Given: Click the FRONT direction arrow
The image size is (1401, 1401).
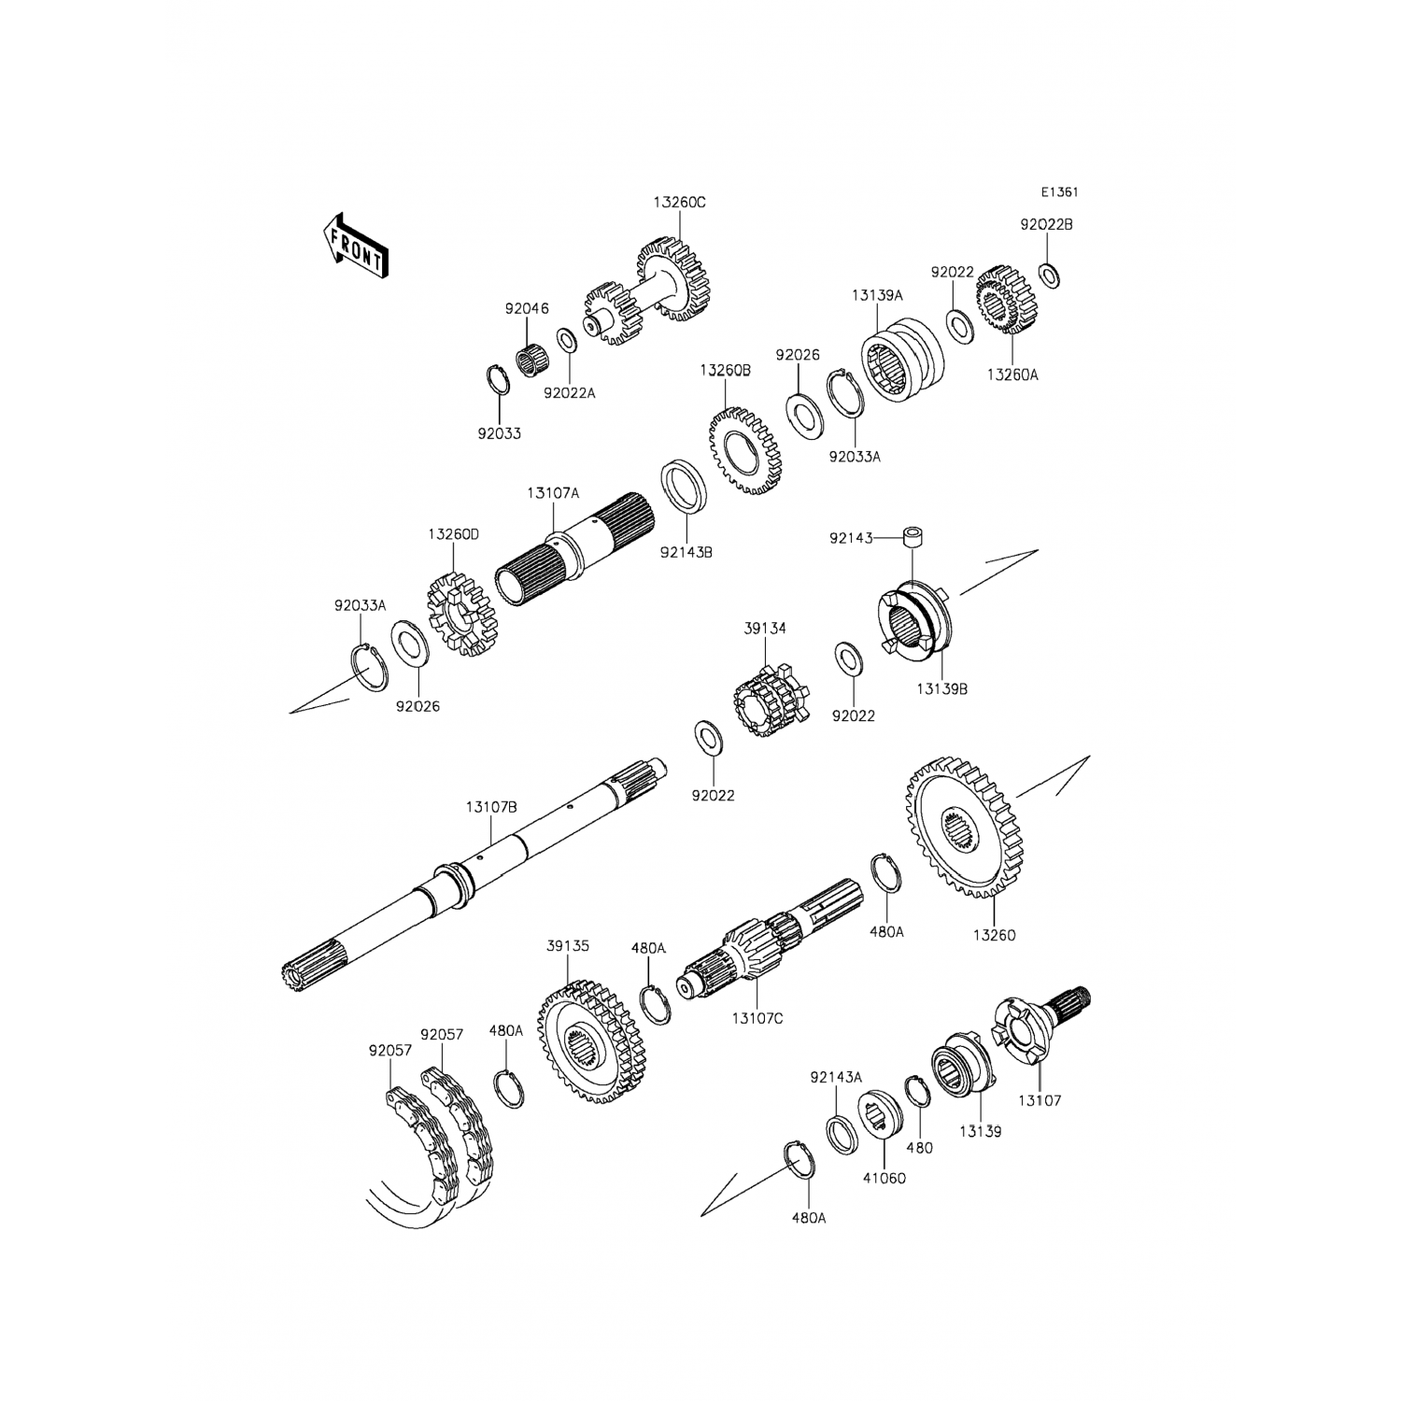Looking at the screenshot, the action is pyautogui.click(x=354, y=244).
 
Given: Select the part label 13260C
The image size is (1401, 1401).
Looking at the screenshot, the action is pyautogui.click(x=680, y=202).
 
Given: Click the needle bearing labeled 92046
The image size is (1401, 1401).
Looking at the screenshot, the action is pyautogui.click(x=533, y=358).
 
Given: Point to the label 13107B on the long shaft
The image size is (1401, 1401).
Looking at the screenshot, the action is pyautogui.click(x=491, y=807).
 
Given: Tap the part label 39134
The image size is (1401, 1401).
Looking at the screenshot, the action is pyautogui.click(x=765, y=630).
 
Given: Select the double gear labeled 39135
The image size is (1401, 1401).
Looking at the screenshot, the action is pyautogui.click(x=590, y=1041).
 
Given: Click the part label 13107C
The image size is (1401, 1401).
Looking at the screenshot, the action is pyautogui.click(x=757, y=1018).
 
